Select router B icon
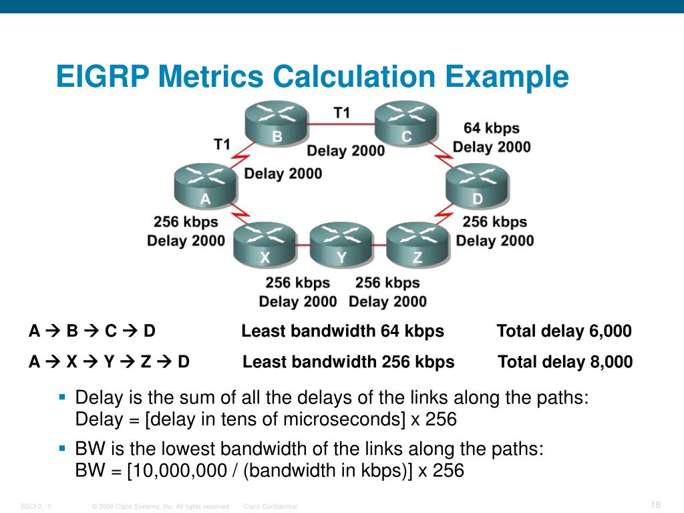(276, 122)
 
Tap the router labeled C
(406, 122)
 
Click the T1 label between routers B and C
(341, 113)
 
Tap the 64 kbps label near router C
(491, 128)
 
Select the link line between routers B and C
(341, 124)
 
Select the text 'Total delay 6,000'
(564, 331)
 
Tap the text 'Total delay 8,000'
(565, 362)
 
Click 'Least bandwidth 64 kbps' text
(342, 331)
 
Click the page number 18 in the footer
(655, 504)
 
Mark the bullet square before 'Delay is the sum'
(62, 397)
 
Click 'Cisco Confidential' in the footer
(270, 507)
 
